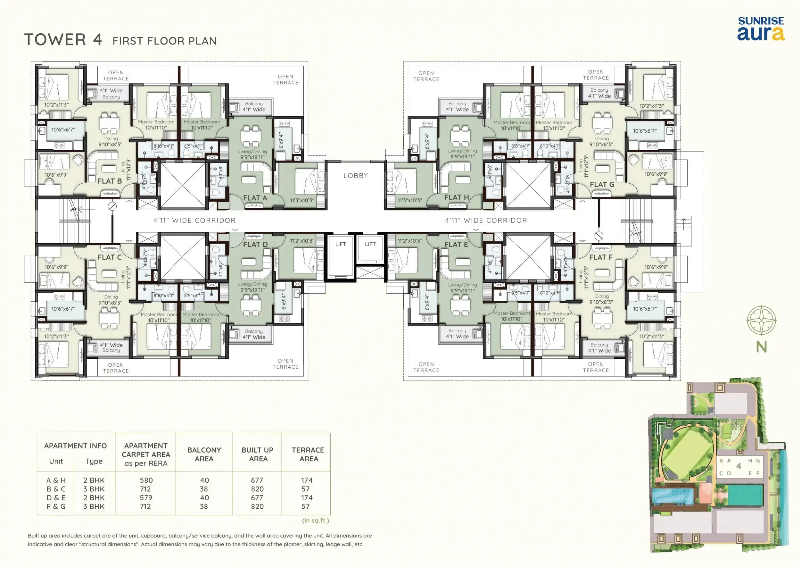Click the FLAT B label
(x=110, y=181)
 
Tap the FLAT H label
(x=457, y=198)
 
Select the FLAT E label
(x=456, y=244)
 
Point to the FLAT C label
(x=110, y=257)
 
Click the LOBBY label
(x=356, y=176)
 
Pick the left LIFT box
(x=341, y=258)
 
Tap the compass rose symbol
(x=761, y=320)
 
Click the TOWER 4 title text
(x=63, y=39)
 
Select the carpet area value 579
(x=146, y=497)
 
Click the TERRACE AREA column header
(x=308, y=454)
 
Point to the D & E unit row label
(x=56, y=497)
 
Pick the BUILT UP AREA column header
(x=257, y=454)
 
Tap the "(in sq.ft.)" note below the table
(x=316, y=521)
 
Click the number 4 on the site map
(x=739, y=466)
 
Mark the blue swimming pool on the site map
(x=673, y=496)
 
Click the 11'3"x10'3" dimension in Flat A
(x=302, y=200)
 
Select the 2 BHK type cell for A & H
(x=94, y=480)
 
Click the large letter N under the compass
(x=761, y=347)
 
